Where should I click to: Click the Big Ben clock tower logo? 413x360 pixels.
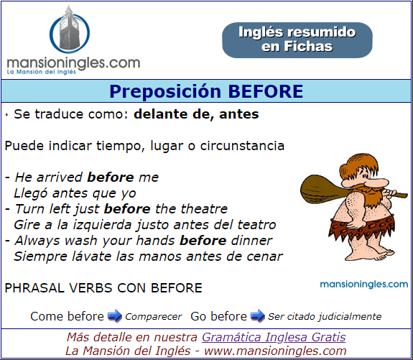point(70,29)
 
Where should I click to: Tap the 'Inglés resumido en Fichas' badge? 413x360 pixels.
point(297,40)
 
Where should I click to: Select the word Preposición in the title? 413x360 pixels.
point(165,91)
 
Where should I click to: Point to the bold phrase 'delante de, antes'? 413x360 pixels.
point(196,114)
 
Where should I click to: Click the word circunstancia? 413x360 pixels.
point(242,146)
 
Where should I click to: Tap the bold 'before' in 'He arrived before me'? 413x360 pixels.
point(111,177)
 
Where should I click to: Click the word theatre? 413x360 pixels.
point(205,208)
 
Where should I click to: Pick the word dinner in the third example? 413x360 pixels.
point(251,241)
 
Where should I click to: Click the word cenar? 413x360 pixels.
point(264,257)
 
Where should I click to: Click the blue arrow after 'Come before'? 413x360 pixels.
point(115,315)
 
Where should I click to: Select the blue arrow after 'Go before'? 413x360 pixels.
point(258,315)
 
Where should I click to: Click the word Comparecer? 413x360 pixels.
point(153,316)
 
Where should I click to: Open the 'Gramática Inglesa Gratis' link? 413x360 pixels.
point(274,337)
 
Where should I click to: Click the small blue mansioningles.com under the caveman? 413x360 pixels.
point(363,284)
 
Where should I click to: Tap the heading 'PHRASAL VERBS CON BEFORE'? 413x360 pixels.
point(103,288)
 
